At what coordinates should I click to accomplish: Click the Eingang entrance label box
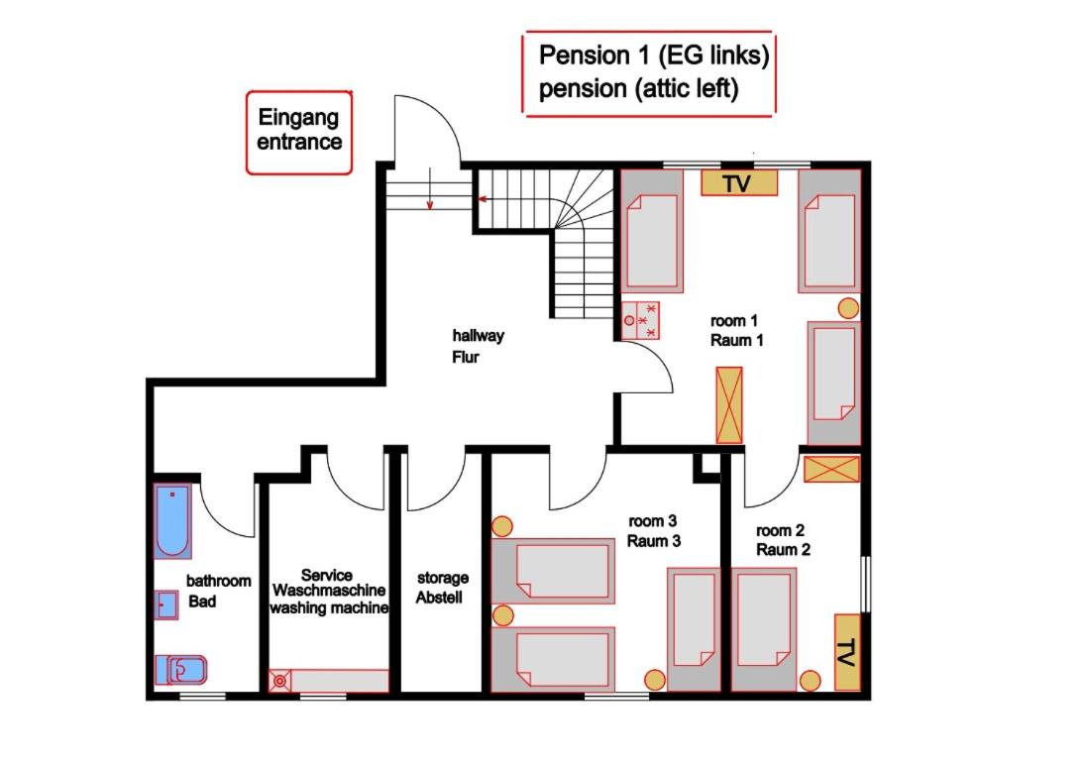[299, 132]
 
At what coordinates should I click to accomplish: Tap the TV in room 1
[739, 182]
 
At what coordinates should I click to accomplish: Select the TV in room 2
[847, 651]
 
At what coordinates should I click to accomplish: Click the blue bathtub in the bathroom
[171, 520]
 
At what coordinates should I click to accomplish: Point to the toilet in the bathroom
[180, 670]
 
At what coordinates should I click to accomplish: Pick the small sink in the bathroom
[165, 604]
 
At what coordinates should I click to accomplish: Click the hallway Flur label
[478, 346]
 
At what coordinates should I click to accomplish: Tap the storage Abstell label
[442, 588]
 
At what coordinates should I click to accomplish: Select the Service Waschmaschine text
[329, 583]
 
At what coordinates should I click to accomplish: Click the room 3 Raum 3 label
[653, 531]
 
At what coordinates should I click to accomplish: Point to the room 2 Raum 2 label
[782, 540]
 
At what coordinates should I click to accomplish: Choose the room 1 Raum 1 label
[736, 330]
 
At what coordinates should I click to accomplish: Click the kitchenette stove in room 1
[640, 320]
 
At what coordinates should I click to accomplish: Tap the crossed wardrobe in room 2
[831, 469]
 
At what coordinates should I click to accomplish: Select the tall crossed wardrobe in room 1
[728, 405]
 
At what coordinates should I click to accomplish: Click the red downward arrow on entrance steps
[430, 187]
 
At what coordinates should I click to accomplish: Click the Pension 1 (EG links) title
[653, 55]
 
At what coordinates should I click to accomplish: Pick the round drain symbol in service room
[279, 681]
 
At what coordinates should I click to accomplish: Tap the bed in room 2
[763, 629]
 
